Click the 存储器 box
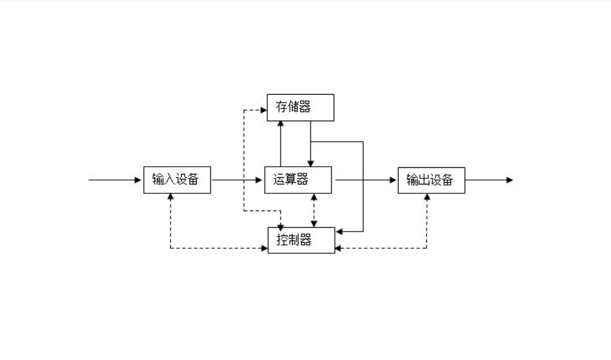click(300, 107)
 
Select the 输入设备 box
click(177, 179)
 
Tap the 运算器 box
click(298, 179)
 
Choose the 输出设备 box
click(431, 179)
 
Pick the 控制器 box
click(301, 240)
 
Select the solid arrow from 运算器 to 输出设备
click(365, 180)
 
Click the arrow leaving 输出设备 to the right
click(489, 180)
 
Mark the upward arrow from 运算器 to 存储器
click(281, 143)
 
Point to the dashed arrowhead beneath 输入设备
click(171, 197)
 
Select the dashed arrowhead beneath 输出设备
click(427, 197)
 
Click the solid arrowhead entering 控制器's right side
click(339, 231)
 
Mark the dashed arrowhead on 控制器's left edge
click(265, 248)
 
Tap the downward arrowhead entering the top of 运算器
click(310, 162)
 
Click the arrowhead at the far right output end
click(509, 180)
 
